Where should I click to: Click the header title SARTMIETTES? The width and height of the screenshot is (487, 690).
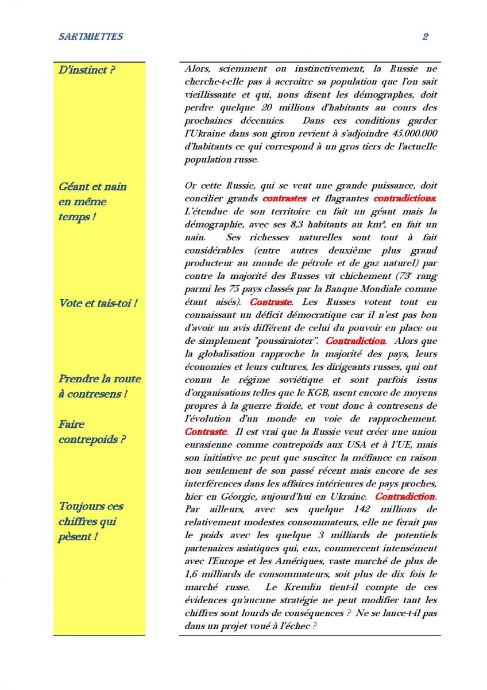[91, 37]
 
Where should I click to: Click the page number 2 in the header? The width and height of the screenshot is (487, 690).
[426, 37]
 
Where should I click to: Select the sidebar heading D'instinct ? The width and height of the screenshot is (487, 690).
[87, 71]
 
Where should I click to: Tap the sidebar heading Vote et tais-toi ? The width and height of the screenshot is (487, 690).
[98, 303]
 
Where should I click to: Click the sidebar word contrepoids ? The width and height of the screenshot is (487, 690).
[92, 440]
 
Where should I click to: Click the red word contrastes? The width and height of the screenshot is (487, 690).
[284, 199]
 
